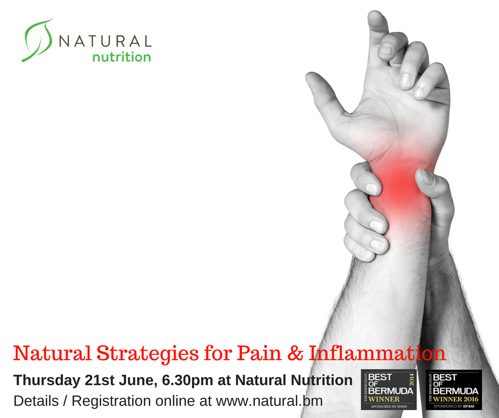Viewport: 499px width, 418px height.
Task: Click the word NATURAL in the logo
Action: (106, 41)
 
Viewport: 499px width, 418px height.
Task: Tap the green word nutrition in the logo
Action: (122, 57)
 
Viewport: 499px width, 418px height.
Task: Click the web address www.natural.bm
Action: (269, 401)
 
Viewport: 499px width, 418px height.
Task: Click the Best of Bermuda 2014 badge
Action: (388, 390)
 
